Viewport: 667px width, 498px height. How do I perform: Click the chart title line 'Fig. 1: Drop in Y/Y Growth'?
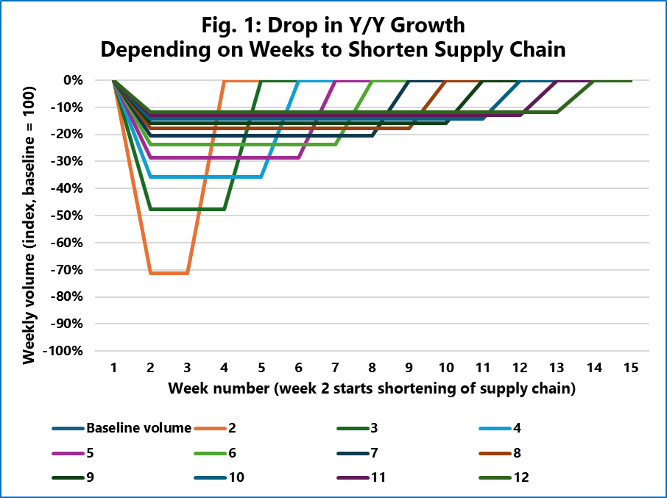[x=333, y=25]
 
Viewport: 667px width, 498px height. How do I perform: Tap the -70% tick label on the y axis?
[x=87, y=270]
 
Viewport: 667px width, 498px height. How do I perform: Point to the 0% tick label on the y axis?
[x=93, y=80]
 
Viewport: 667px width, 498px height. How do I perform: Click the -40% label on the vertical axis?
[x=87, y=188]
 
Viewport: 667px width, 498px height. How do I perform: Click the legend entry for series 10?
[x=236, y=477]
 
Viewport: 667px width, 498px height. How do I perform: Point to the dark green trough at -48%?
[x=188, y=209]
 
